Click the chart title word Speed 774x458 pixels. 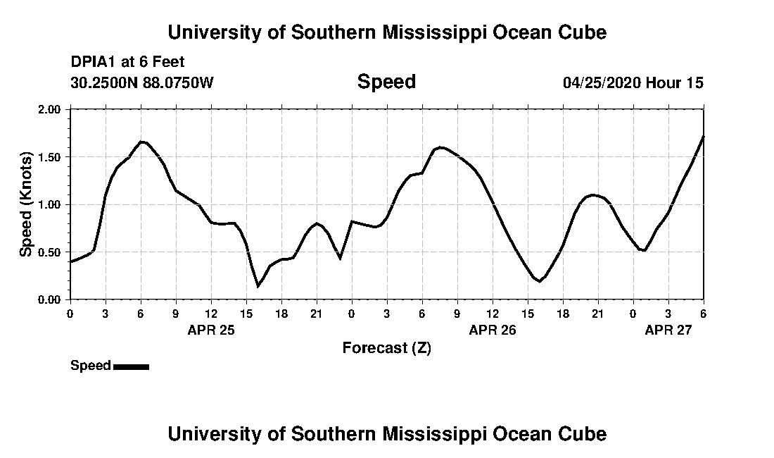pos(386,82)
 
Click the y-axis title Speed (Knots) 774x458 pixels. pos(26,204)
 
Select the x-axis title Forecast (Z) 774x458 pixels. pos(386,347)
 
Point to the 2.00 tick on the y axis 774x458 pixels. pos(49,110)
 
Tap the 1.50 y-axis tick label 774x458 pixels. pos(49,157)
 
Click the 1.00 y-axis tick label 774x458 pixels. pos(49,205)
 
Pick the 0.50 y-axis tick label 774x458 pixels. pos(49,252)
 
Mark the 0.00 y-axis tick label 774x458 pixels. pos(49,300)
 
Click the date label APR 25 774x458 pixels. pos(211,330)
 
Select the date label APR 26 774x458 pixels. pos(493,330)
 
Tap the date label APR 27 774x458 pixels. pos(668,330)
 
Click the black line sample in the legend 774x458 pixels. pos(131,366)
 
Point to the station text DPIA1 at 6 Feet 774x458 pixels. pos(127,62)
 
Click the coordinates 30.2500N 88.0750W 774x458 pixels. pos(141,83)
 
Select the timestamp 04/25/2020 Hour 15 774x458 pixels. pos(633,83)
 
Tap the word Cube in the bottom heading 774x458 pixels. pos(583,433)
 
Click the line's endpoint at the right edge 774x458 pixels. pos(703,136)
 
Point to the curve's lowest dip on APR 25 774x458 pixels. pos(258,286)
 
